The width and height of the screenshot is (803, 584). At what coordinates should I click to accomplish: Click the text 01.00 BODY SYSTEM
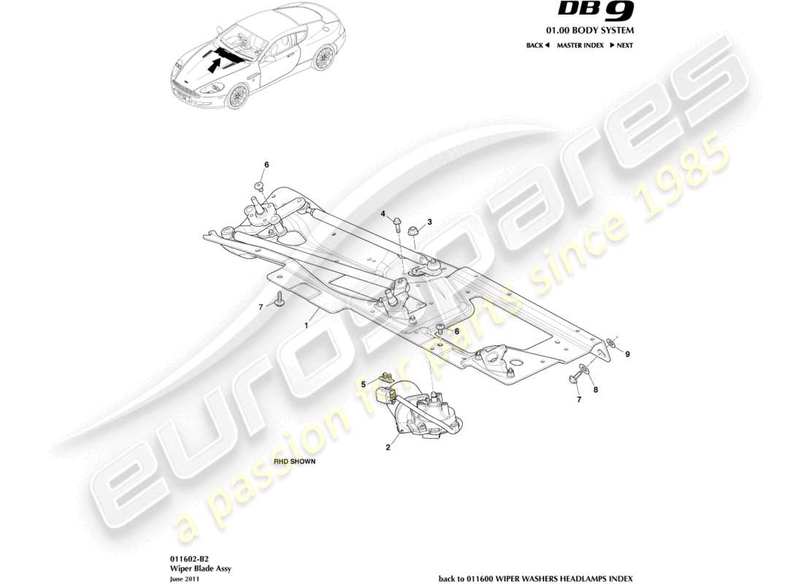(591, 31)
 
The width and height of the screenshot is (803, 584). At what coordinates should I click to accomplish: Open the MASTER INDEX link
(580, 45)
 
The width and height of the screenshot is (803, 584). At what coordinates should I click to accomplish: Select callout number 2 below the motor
(388, 447)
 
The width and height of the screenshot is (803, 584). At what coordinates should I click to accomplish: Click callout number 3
(430, 221)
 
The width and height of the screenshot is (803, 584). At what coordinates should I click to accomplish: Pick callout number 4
(382, 213)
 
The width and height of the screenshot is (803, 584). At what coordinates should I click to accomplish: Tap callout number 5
(363, 383)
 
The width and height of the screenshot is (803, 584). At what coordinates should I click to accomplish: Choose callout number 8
(595, 390)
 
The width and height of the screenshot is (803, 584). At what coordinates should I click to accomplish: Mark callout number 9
(627, 354)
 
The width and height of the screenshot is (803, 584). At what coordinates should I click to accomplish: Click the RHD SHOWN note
(295, 462)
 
